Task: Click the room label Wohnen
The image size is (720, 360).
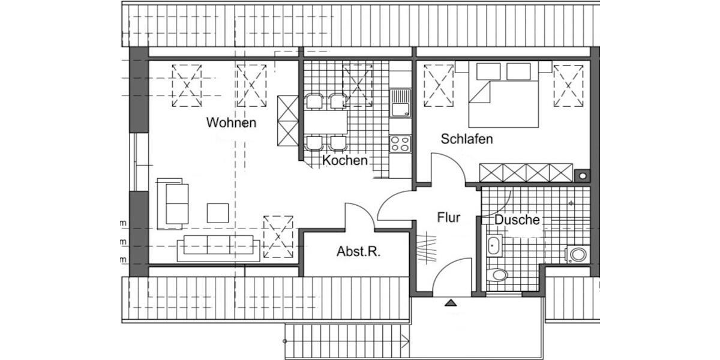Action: [231, 123]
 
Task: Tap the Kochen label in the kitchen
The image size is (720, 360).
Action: [344, 161]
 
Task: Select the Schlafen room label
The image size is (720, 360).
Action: [467, 139]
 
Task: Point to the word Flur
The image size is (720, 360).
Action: [448, 217]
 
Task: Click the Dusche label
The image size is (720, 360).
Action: [517, 220]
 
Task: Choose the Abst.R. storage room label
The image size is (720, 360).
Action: [359, 252]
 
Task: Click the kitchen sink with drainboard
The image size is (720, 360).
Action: [400, 103]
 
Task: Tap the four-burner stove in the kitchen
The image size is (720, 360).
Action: [400, 143]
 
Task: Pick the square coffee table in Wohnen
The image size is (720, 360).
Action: [218, 213]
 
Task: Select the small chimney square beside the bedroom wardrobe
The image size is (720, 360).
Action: [581, 175]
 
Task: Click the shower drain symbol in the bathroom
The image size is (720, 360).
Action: [571, 203]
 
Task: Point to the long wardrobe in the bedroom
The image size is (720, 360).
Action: [526, 172]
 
